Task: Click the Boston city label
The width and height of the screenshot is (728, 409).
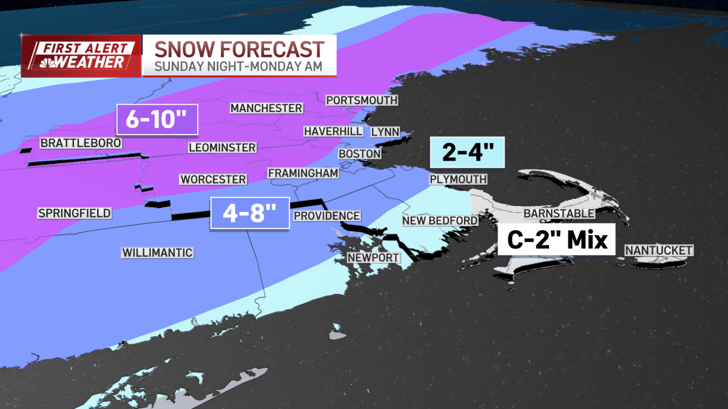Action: pos(359,154)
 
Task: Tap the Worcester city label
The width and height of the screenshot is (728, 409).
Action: pos(213,179)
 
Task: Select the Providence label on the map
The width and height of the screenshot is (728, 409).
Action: pos(327,216)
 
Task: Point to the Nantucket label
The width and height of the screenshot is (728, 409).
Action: pos(659,250)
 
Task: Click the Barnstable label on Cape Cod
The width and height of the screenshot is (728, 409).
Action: pos(559,213)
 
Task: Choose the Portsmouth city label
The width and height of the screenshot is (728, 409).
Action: pos(362,100)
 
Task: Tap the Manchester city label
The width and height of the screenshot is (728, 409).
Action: pos(266,108)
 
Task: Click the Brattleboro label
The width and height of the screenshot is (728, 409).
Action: pos(81,143)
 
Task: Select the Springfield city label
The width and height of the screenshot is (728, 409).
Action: pos(74,213)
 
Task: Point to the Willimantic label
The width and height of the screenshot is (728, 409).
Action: pos(157,253)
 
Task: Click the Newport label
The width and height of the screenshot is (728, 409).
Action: pos(373,258)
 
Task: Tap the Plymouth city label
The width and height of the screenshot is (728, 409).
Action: pos(458,179)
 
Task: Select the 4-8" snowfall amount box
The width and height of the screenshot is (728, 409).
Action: pos(250,213)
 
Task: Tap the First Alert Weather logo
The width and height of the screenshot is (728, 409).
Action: pos(81,55)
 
